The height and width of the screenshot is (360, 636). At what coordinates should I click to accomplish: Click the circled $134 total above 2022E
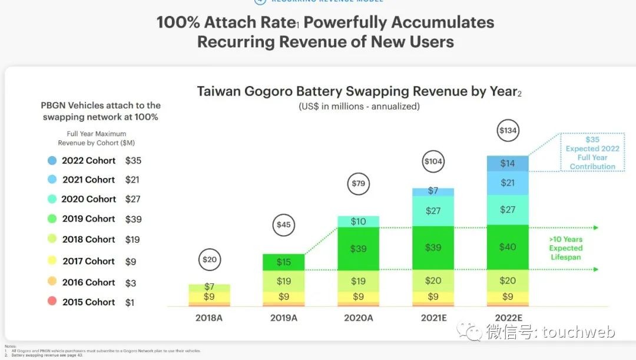pyautogui.click(x=507, y=131)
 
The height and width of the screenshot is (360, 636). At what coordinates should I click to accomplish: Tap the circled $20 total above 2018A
pyautogui.click(x=209, y=259)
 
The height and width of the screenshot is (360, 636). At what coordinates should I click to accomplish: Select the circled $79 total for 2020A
pyautogui.click(x=358, y=183)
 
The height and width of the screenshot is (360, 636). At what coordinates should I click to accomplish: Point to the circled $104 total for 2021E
pyautogui.click(x=433, y=161)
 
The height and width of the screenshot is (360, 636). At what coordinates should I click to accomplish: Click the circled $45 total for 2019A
pyautogui.click(x=284, y=224)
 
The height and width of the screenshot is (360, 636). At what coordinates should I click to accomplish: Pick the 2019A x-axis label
pyautogui.click(x=284, y=318)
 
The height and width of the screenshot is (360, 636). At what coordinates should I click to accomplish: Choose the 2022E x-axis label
pyautogui.click(x=507, y=318)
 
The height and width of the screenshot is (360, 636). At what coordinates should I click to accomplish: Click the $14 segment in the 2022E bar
pyautogui.click(x=507, y=163)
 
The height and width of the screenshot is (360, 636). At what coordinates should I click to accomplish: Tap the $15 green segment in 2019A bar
pyautogui.click(x=284, y=262)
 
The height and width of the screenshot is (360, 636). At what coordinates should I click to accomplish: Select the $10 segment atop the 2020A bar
pyautogui.click(x=358, y=222)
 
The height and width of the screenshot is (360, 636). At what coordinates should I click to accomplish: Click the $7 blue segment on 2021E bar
pyautogui.click(x=433, y=191)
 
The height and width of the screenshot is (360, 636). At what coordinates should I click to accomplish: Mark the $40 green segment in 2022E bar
pyautogui.click(x=507, y=247)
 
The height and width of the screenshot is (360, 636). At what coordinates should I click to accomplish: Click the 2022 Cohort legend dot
pyautogui.click(x=52, y=160)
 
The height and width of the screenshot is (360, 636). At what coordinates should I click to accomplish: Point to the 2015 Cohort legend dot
pyautogui.click(x=52, y=302)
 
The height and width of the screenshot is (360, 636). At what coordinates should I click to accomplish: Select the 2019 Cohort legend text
pyautogui.click(x=89, y=219)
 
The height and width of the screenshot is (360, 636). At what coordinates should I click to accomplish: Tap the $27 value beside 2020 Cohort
pyautogui.click(x=132, y=199)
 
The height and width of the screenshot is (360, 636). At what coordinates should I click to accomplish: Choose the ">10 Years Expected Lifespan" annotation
pyautogui.click(x=566, y=248)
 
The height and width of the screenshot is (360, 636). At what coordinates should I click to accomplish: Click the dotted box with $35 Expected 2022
pyautogui.click(x=592, y=153)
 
